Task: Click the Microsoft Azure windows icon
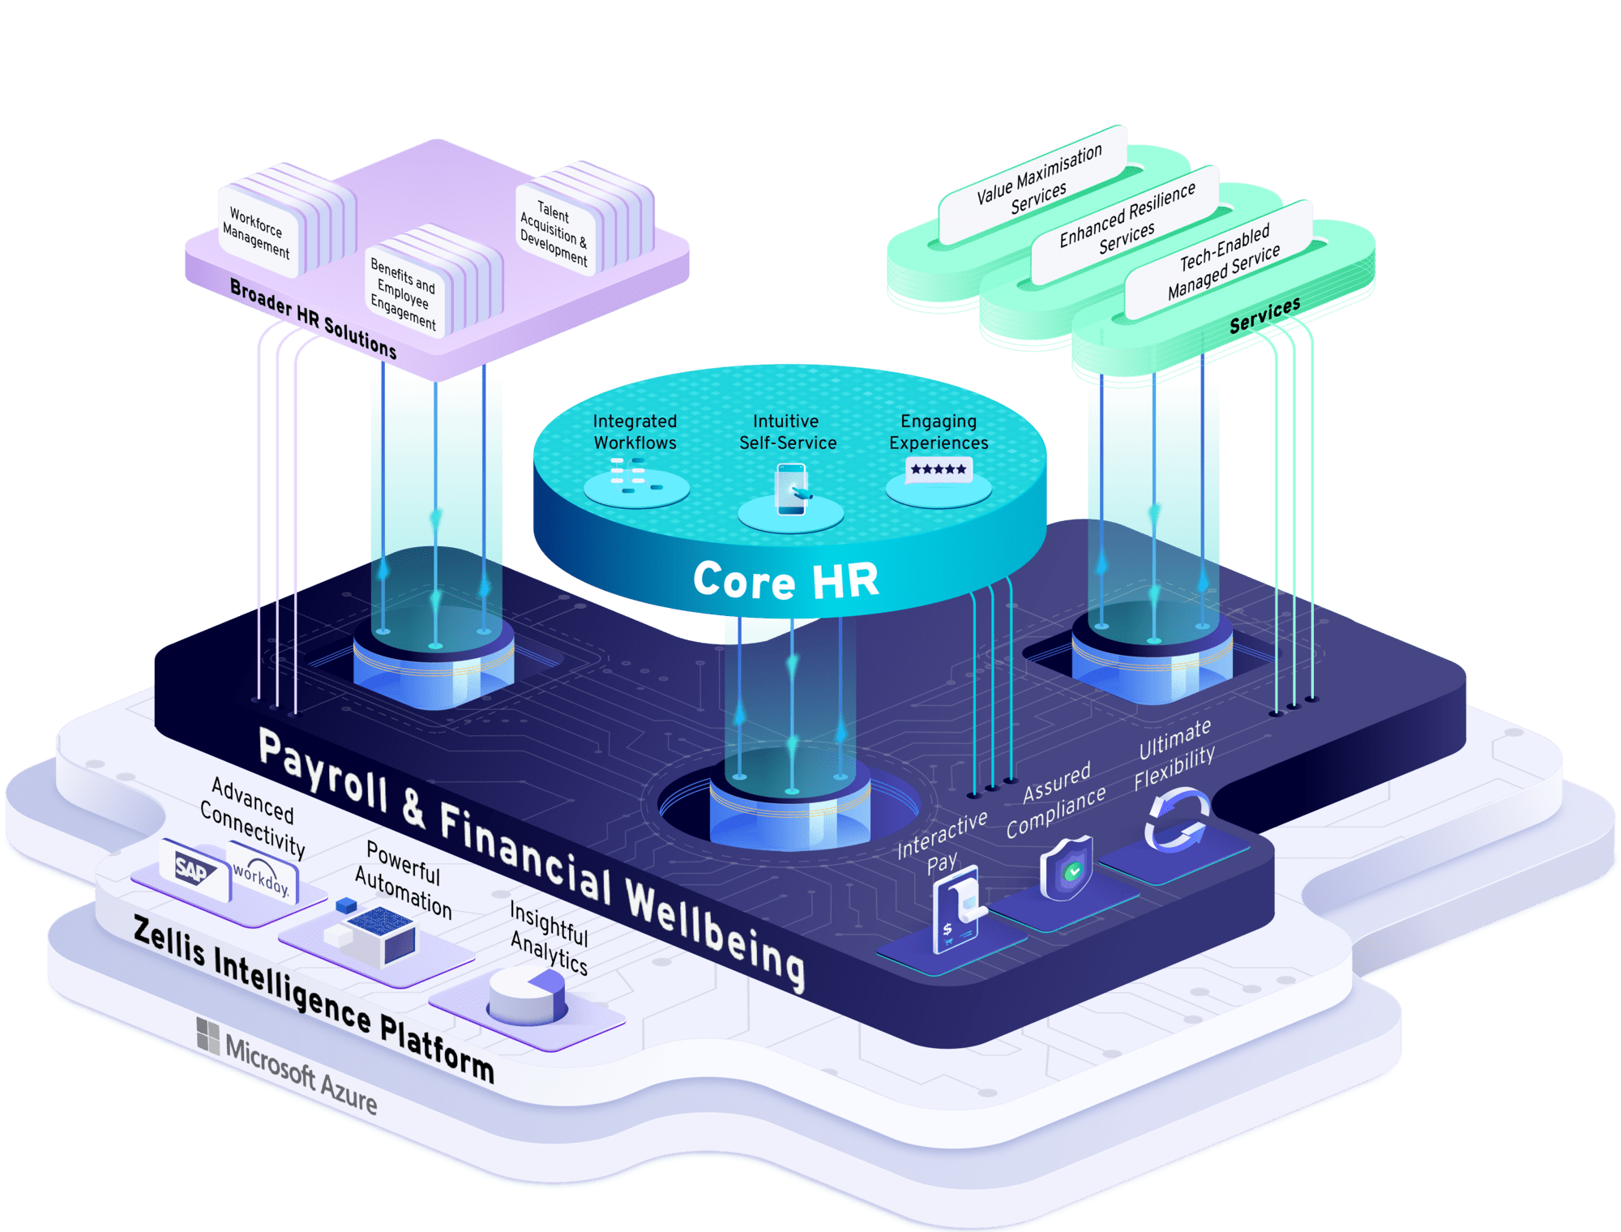pyautogui.click(x=208, y=1036)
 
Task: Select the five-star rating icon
pyautogui.click(x=939, y=469)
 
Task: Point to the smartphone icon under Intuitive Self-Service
pyautogui.click(x=791, y=489)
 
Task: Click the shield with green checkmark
pyautogui.click(x=1067, y=868)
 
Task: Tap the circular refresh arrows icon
pyautogui.click(x=1176, y=820)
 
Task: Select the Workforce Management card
pyautogui.click(x=258, y=230)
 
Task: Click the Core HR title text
pyautogui.click(x=785, y=580)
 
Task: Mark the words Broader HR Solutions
pyautogui.click(x=314, y=319)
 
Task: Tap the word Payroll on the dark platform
pyautogui.click(x=323, y=769)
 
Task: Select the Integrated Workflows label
pyautogui.click(x=635, y=432)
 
